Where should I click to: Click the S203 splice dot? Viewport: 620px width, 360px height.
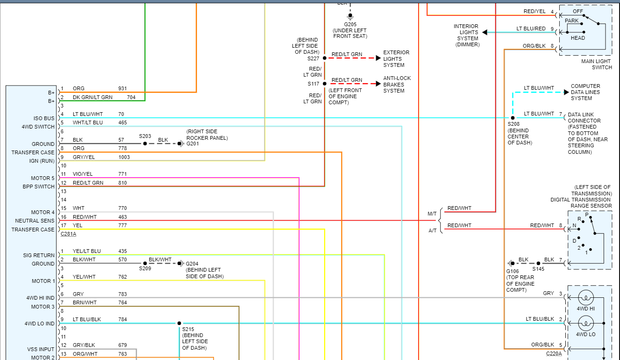click(x=145, y=144)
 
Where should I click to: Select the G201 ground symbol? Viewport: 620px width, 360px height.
click(x=181, y=144)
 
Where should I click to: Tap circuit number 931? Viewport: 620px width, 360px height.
click(x=122, y=88)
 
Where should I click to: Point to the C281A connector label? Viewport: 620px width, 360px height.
click(x=68, y=234)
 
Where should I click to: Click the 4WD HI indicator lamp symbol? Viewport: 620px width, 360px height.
click(x=585, y=297)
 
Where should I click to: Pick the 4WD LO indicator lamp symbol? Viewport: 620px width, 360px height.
click(x=585, y=323)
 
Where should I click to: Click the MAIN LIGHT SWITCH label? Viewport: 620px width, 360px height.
click(x=596, y=65)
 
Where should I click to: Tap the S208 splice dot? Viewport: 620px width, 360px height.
click(x=513, y=118)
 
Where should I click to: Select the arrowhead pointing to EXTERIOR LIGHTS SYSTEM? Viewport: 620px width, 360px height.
click(x=378, y=58)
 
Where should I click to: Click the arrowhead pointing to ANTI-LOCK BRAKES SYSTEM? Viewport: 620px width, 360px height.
click(x=378, y=84)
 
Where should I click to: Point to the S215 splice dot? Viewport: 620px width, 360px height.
click(x=179, y=323)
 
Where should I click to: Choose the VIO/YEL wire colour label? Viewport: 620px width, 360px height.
click(x=83, y=174)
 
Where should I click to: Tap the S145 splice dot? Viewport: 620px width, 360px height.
click(x=538, y=263)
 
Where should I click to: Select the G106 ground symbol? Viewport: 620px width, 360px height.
click(x=510, y=263)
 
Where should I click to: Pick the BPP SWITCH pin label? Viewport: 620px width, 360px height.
click(x=39, y=187)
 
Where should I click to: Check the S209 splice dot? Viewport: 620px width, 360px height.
click(x=145, y=263)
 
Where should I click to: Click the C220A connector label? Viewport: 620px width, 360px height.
click(x=554, y=354)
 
